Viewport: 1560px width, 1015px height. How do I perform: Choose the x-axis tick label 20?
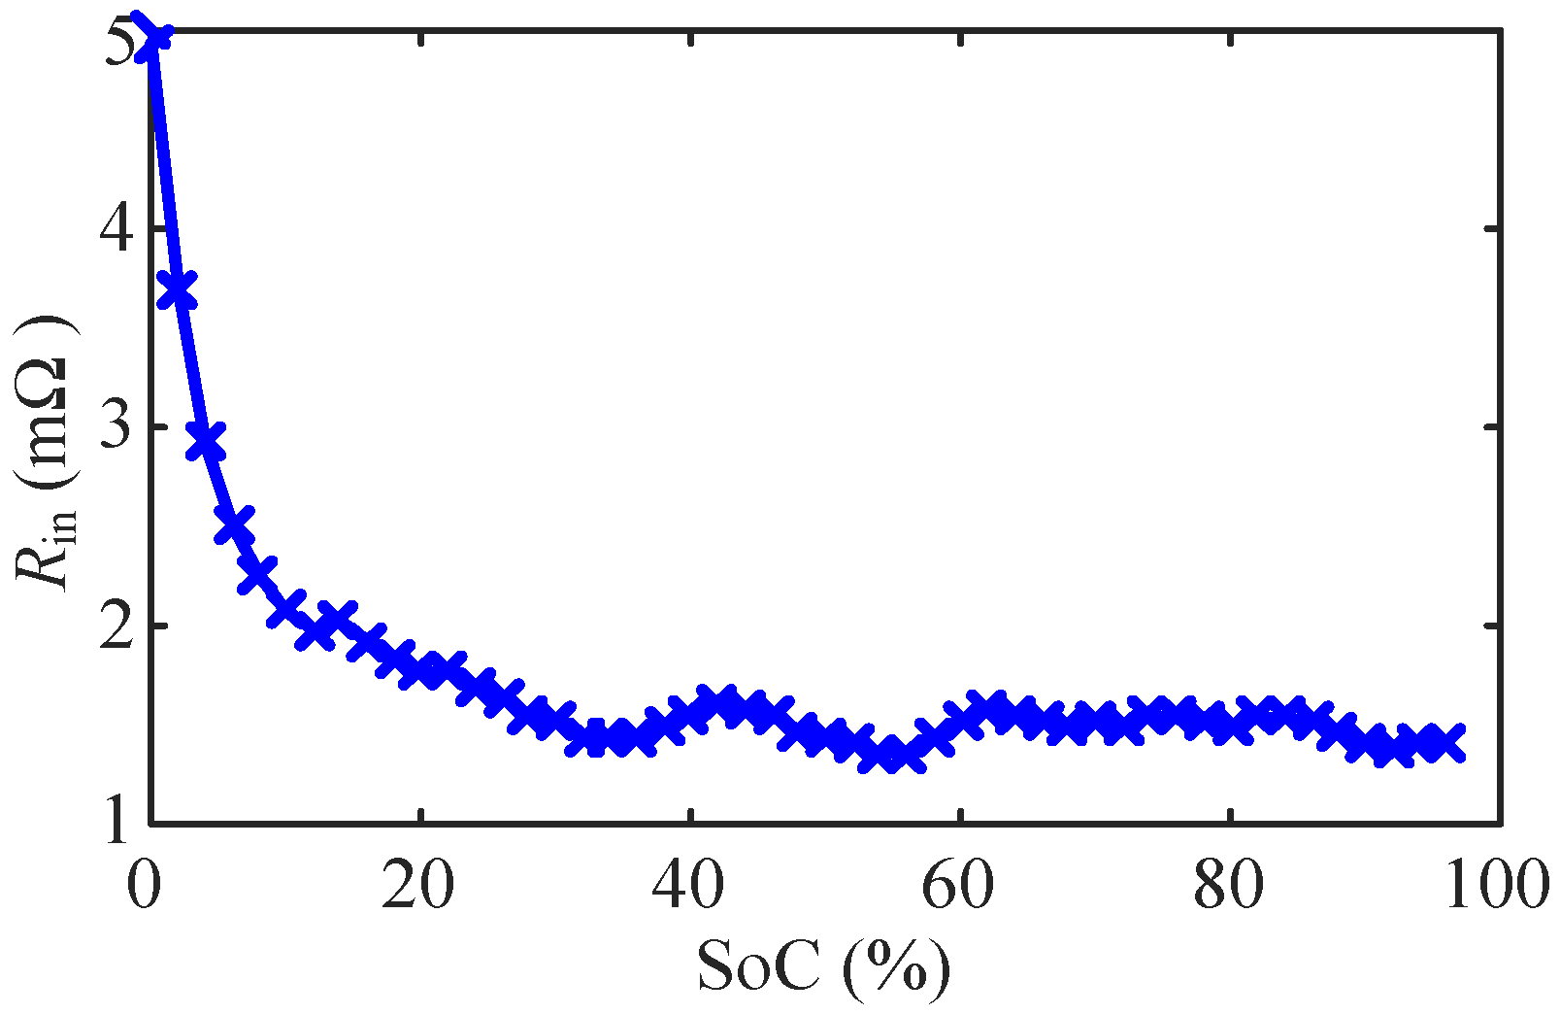[418, 887]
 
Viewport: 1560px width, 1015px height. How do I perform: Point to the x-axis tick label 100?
[1495, 887]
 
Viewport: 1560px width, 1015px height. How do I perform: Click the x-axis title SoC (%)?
[823, 967]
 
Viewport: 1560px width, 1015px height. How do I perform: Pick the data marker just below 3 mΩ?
[206, 440]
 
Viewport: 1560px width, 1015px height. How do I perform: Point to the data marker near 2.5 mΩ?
[234, 525]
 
